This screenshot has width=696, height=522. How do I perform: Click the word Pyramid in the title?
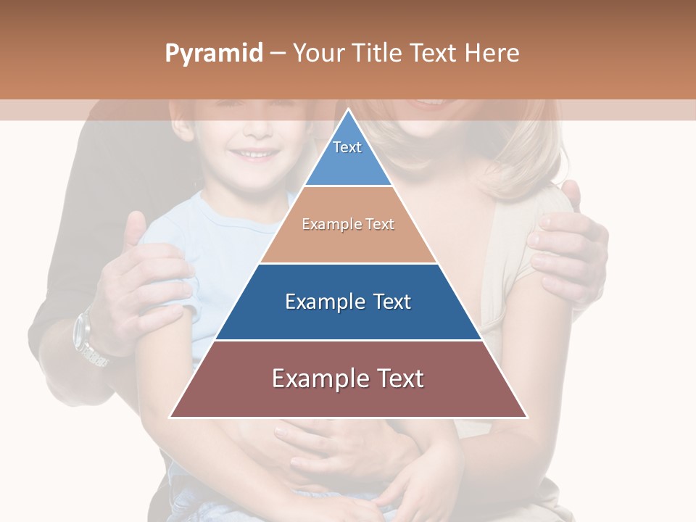pos(213,54)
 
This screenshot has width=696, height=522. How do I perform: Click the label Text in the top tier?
pos(347,147)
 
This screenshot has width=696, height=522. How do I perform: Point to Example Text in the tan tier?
pos(348,224)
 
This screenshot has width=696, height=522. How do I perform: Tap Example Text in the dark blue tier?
pos(348,302)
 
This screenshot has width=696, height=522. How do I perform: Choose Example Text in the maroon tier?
pos(348,378)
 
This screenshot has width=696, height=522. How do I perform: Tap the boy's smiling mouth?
pos(259,154)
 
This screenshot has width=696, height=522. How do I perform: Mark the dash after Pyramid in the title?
pos(278,54)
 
